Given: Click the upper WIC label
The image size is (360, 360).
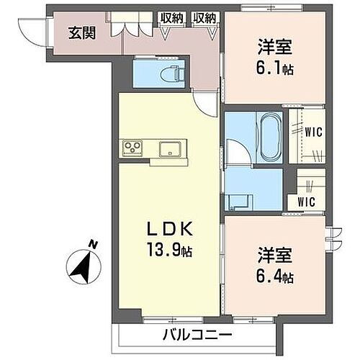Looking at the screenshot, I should point(312,132).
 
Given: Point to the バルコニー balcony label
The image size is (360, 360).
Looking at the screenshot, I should point(196,335).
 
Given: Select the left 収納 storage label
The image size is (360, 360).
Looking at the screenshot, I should point(171,17).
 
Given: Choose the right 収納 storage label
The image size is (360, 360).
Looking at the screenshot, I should point(204,17).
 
